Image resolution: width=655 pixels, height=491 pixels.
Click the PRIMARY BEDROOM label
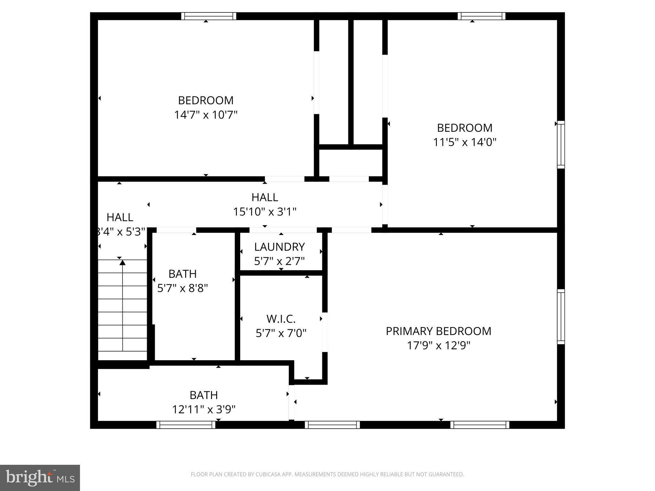pos(438,331)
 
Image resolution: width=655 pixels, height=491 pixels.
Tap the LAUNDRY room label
pos(279,247)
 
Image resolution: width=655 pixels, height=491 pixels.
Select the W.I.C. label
pos(281,319)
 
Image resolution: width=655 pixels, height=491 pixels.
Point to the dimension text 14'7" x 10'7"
pos(206,115)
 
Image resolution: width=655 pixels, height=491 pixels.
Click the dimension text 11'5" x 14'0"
pos(464,142)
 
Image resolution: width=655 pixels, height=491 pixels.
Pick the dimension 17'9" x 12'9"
pos(438,346)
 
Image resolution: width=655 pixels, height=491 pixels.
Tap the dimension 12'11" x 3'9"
pos(204,409)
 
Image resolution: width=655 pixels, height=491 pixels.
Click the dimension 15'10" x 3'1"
pos(264,212)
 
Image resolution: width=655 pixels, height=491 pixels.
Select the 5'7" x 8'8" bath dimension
pos(182,288)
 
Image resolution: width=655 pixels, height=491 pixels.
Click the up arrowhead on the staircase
pos(122,262)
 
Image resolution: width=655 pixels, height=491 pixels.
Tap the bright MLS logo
pos(40,478)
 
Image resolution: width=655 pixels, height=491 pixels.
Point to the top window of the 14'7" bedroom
pos(209,16)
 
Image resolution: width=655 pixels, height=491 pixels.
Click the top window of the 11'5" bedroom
pos(481,16)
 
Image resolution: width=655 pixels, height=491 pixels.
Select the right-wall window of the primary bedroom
pos(561,316)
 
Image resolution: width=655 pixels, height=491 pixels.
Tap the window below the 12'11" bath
pos(186,425)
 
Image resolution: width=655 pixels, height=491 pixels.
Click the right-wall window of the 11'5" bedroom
pos(561,144)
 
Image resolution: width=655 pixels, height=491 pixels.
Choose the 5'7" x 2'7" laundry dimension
pos(279,261)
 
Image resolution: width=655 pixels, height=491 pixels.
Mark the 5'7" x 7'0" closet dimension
pos(281,333)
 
